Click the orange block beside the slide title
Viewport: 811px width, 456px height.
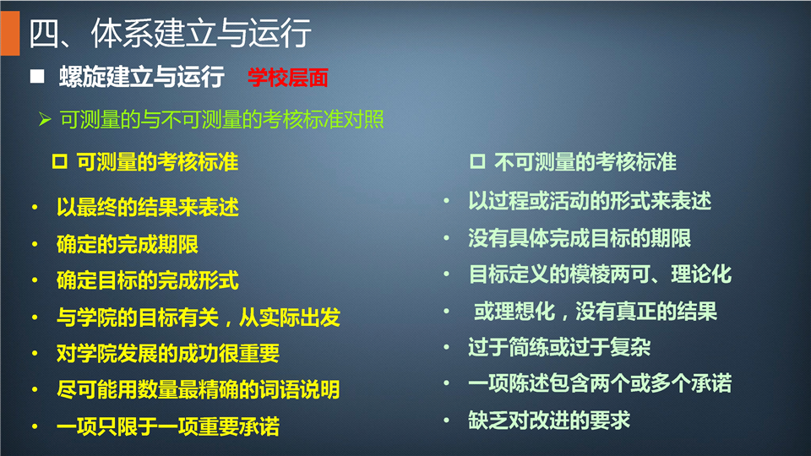(x=10, y=33)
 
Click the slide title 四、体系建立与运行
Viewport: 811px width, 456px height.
(x=170, y=34)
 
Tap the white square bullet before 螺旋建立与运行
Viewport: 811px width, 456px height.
(x=37, y=77)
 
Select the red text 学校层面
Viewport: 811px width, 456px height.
(x=287, y=78)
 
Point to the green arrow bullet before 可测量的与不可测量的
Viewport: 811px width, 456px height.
(x=45, y=119)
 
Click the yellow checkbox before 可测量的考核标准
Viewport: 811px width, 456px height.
(x=59, y=162)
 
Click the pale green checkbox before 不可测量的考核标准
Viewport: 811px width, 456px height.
(x=477, y=161)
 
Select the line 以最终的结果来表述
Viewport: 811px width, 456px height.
(x=147, y=208)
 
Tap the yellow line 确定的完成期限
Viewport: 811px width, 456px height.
(x=128, y=244)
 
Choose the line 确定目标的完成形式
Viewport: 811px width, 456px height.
(x=147, y=280)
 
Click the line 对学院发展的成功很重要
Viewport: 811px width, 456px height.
(x=168, y=354)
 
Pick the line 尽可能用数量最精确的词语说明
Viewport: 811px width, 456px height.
(x=198, y=390)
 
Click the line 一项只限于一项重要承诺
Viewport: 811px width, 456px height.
(x=168, y=426)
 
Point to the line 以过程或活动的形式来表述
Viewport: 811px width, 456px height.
(x=590, y=201)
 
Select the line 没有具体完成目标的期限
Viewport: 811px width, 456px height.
(x=580, y=238)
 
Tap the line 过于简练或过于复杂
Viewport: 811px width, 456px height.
(x=559, y=347)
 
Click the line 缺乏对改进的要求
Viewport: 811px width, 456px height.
(x=549, y=421)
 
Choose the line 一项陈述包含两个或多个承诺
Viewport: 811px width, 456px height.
(x=600, y=383)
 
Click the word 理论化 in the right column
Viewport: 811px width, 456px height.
(x=701, y=274)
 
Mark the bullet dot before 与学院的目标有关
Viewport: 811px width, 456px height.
(x=35, y=318)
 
